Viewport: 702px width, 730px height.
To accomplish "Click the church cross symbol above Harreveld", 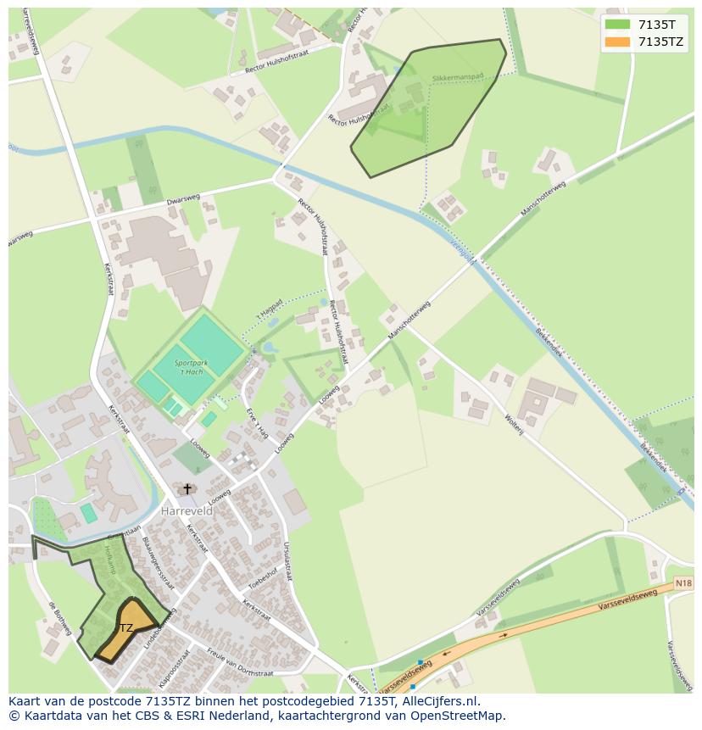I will click(x=187, y=489).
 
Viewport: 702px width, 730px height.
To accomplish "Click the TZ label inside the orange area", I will click(x=125, y=628).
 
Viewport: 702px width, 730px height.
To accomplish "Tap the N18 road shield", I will click(x=683, y=583).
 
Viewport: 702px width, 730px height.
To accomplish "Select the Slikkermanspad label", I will click(x=457, y=77).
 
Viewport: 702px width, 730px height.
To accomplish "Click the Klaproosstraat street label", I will click(x=170, y=669).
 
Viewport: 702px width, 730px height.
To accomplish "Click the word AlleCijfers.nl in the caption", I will click(x=440, y=701).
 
